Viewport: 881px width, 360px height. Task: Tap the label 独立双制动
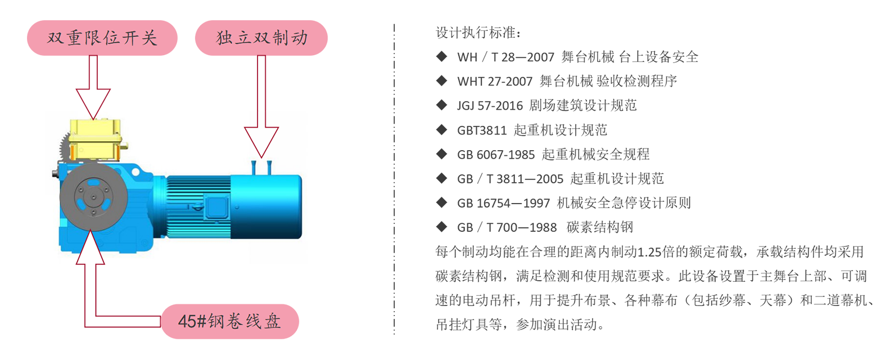coord(262,38)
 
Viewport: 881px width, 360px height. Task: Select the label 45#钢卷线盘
coord(229,321)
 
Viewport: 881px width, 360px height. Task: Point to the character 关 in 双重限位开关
coord(148,38)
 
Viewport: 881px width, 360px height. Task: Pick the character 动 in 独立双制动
coord(299,38)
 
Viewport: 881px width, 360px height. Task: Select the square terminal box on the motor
coord(215,206)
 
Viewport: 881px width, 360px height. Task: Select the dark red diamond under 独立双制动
coord(262,83)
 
